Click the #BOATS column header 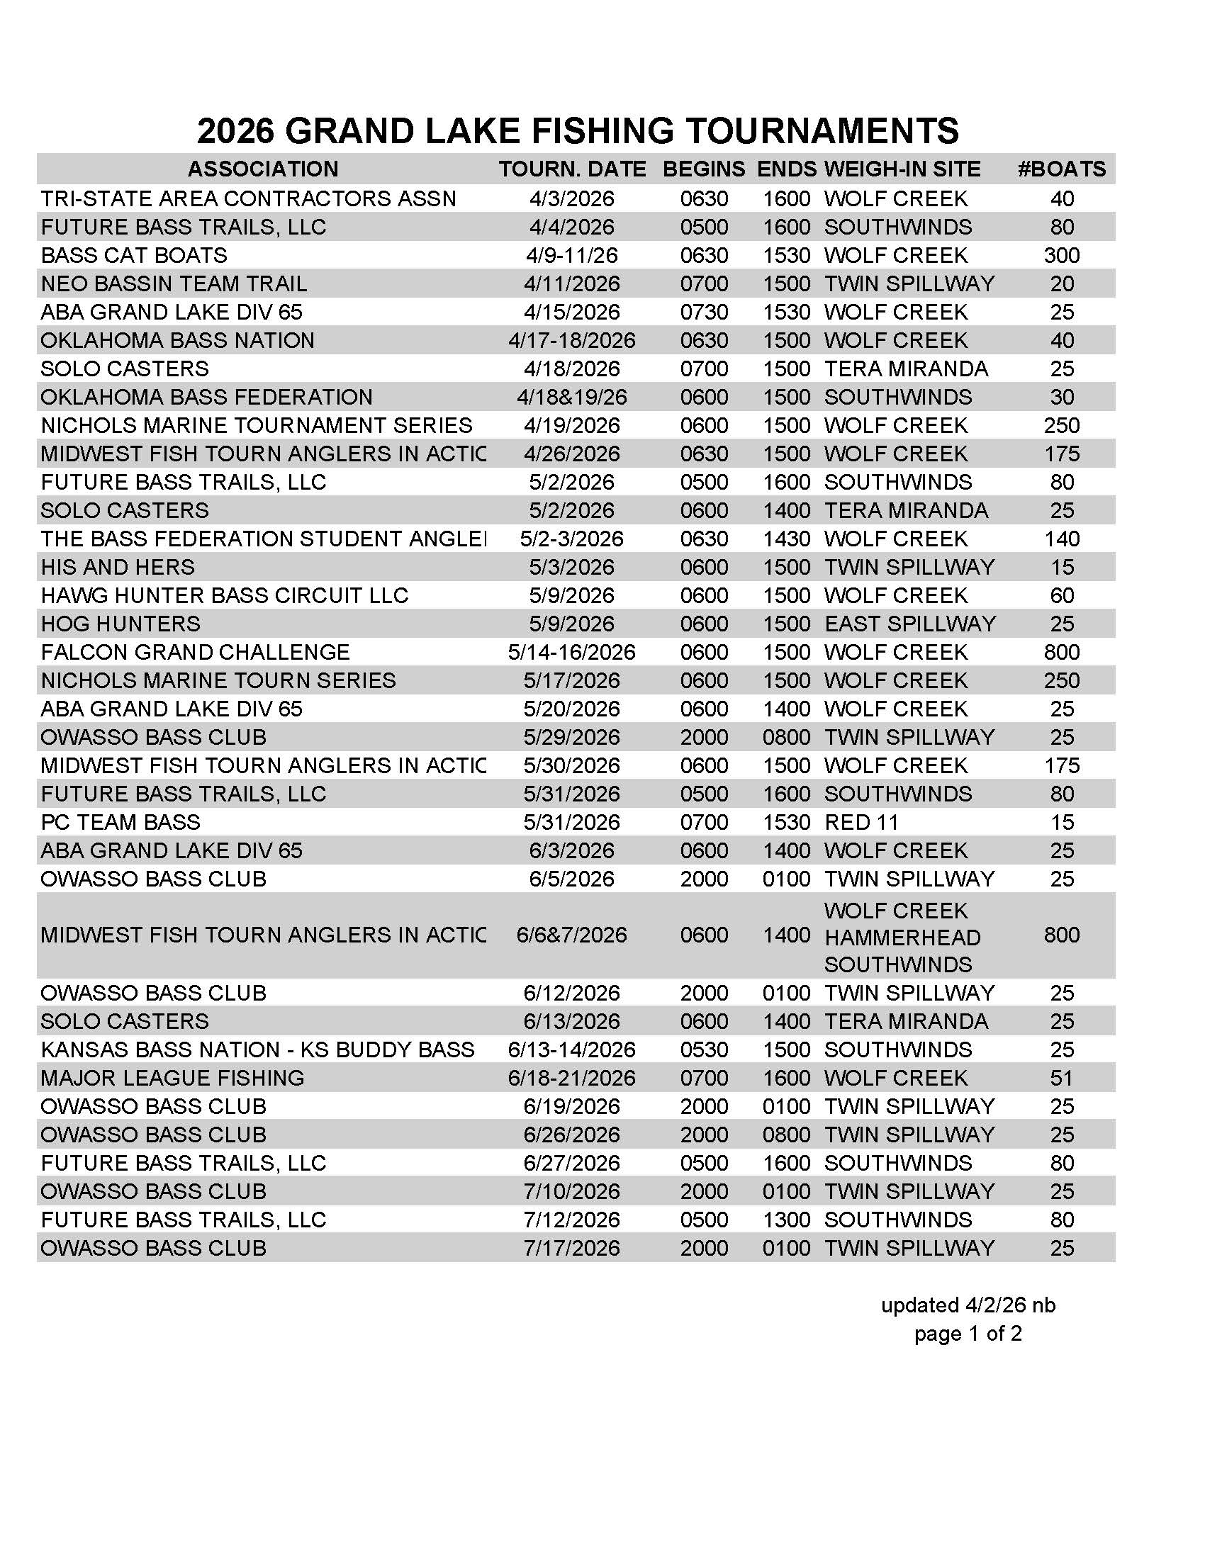[x=1061, y=169]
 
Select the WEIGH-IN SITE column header [x=902, y=169]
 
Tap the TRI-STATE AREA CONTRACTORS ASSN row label [x=247, y=198]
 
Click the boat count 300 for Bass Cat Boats [x=1061, y=256]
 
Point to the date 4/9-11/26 [x=571, y=256]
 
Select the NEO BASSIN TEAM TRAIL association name [x=174, y=284]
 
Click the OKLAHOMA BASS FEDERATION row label [x=206, y=397]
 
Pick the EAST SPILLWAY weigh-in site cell [x=909, y=624]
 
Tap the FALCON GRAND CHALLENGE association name [x=195, y=653]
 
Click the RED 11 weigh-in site [x=861, y=822]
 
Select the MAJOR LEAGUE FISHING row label [x=172, y=1078]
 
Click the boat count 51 [x=1061, y=1078]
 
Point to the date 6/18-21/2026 [x=571, y=1078]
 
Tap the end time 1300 [x=786, y=1220]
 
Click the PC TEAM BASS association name [x=120, y=822]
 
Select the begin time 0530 [x=704, y=1049]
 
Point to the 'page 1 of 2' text [x=968, y=1334]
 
